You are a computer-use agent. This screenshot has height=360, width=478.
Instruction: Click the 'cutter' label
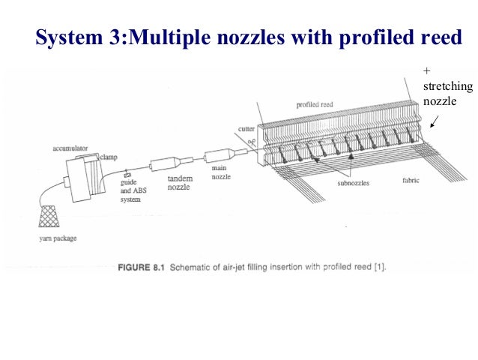[246, 129]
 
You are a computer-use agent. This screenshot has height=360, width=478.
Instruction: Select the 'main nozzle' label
[222, 174]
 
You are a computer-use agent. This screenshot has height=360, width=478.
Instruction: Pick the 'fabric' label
[411, 180]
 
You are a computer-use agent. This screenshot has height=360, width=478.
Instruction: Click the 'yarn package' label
[58, 239]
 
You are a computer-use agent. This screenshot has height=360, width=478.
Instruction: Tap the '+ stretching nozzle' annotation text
[447, 86]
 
